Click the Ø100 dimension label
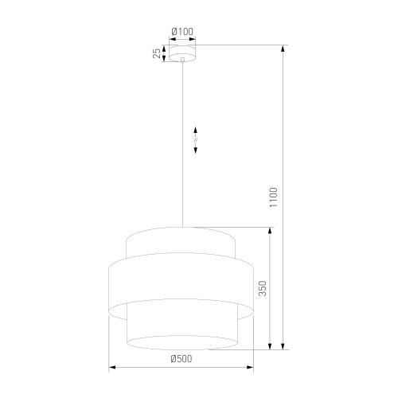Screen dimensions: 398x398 click(x=182, y=32)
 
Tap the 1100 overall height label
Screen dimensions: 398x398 click(x=272, y=197)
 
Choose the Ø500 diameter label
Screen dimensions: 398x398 click(x=181, y=359)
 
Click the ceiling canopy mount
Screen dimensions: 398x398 click(x=182, y=53)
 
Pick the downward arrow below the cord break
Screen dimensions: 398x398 click(x=196, y=150)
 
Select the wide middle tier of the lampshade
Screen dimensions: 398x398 click(x=181, y=283)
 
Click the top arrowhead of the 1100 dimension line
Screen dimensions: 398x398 click(x=284, y=49)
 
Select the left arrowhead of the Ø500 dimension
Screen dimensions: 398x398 click(x=112, y=367)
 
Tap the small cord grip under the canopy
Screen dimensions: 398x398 click(x=182, y=60)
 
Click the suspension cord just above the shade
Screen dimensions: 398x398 click(x=183, y=215)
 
